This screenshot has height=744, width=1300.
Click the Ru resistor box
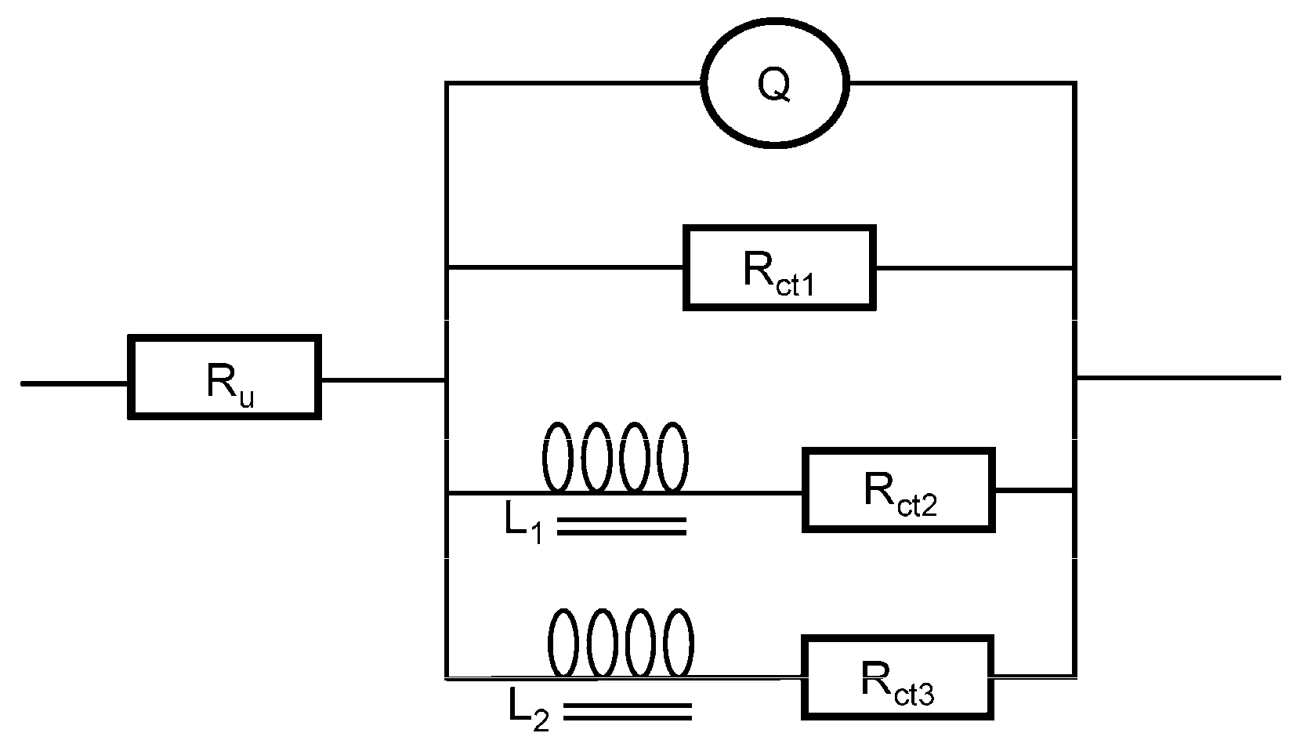(x=224, y=377)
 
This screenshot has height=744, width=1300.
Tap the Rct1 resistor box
(x=779, y=268)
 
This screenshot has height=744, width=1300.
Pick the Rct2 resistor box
(x=898, y=490)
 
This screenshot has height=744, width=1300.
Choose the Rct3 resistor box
(x=896, y=677)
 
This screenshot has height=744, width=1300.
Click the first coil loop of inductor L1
(x=557, y=457)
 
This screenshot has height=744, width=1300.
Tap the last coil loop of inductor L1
(x=673, y=457)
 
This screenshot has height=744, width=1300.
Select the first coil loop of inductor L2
(x=563, y=643)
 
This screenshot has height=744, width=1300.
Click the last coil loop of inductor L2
(x=678, y=643)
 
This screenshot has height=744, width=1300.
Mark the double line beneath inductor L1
(x=621, y=526)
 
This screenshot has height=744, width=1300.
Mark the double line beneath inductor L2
(x=627, y=711)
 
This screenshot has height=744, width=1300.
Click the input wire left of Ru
(x=74, y=383)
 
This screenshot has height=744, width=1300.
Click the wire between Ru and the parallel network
(x=382, y=380)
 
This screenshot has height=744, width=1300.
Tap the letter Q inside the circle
(x=774, y=85)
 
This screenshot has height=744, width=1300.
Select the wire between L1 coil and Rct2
(x=744, y=493)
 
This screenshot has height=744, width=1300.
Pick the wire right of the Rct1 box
(x=973, y=268)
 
